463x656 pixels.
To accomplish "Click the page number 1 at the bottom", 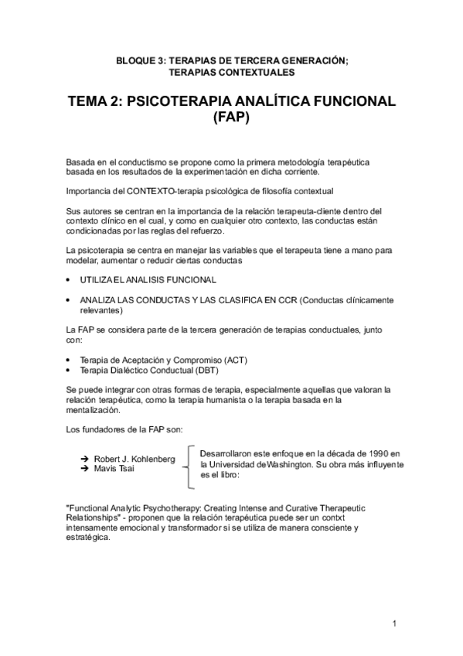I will (x=393, y=624).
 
